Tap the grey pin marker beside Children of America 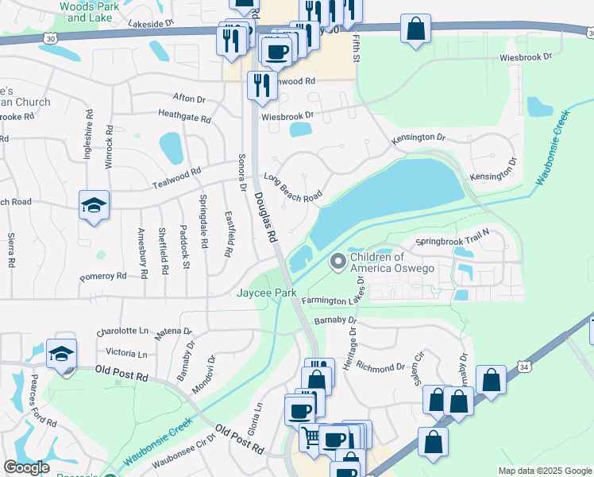tap(338, 261)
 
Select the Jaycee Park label tap(267, 293)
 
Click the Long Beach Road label tap(293, 186)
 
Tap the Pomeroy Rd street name tap(103, 277)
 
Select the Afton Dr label tap(189, 99)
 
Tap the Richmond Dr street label tap(381, 368)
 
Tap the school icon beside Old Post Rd tap(61, 354)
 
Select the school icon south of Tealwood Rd tap(94, 205)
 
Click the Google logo tap(25, 467)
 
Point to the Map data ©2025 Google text tap(543, 471)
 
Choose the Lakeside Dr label tap(150, 24)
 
